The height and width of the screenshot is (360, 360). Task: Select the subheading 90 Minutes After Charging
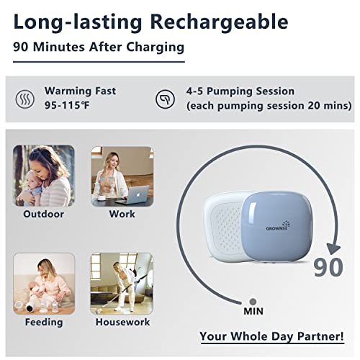[x=98, y=48]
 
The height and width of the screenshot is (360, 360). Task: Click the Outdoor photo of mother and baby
[x=44, y=176]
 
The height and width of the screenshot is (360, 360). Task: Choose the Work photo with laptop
[x=122, y=176]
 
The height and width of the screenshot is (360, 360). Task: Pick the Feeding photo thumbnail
[x=44, y=282]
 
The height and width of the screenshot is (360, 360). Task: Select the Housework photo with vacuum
[x=122, y=282]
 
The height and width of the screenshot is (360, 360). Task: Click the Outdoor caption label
[x=44, y=214]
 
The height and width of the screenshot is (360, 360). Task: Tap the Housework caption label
[x=122, y=322]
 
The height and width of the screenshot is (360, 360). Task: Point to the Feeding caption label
[x=44, y=322]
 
